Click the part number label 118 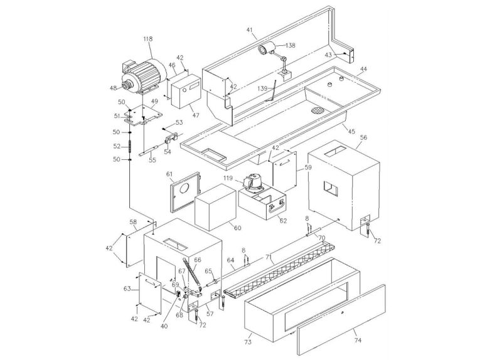[x=147, y=40]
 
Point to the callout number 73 [x=247, y=344]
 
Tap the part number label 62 [x=283, y=221]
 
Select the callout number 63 [x=127, y=289]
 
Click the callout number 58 [x=132, y=222]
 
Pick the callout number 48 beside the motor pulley [x=113, y=88]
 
